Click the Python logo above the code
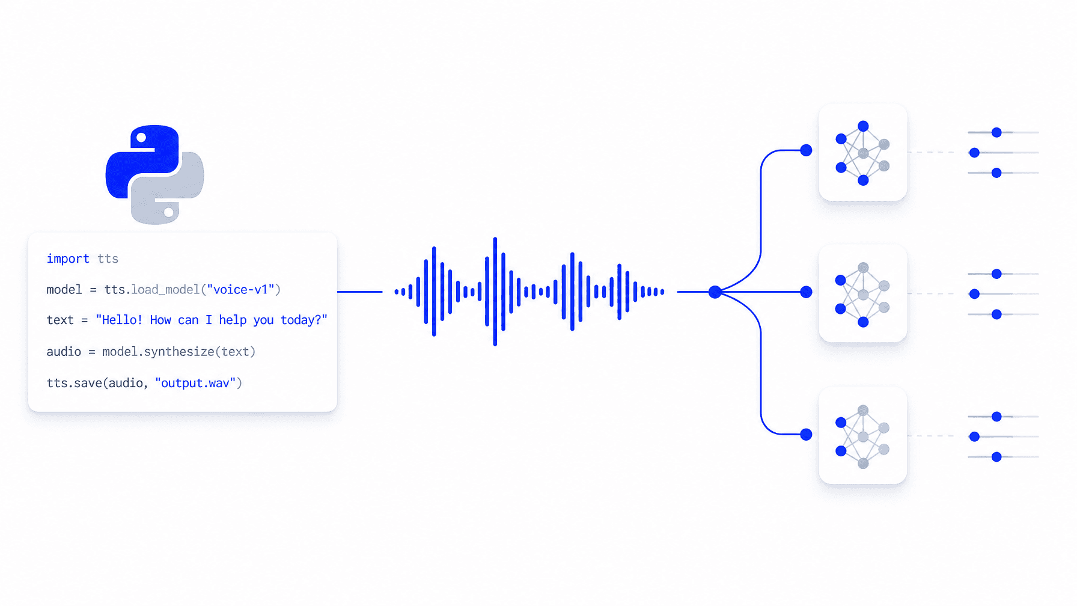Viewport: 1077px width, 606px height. pyautogui.click(x=154, y=174)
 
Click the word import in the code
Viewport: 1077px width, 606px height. pyautogui.click(x=68, y=259)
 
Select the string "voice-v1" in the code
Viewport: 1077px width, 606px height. pyautogui.click(x=240, y=290)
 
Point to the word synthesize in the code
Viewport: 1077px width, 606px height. pyautogui.click(x=179, y=352)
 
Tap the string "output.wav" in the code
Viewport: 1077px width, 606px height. pyautogui.click(x=195, y=383)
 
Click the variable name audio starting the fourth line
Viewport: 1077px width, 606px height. pyautogui.click(x=64, y=352)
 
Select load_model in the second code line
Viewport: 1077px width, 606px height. pyautogui.click(x=165, y=290)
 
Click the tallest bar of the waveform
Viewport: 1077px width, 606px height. pyautogui.click(x=495, y=292)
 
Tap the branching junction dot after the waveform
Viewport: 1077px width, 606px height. pyautogui.click(x=715, y=292)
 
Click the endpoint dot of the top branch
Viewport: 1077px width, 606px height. pyautogui.click(x=806, y=150)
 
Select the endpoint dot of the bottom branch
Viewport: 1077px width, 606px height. pyautogui.click(x=806, y=434)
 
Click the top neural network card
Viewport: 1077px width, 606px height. pyautogui.click(x=862, y=152)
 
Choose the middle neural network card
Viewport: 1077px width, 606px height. pyautogui.click(x=862, y=293)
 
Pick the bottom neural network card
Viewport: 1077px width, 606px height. pyautogui.click(x=862, y=435)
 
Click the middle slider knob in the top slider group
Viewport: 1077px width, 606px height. pyautogui.click(x=974, y=153)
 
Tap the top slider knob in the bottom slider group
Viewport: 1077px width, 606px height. pyautogui.click(x=996, y=416)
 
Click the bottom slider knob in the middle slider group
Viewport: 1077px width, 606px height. pyautogui.click(x=996, y=314)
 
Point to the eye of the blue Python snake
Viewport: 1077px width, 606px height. pyautogui.click(x=141, y=138)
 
